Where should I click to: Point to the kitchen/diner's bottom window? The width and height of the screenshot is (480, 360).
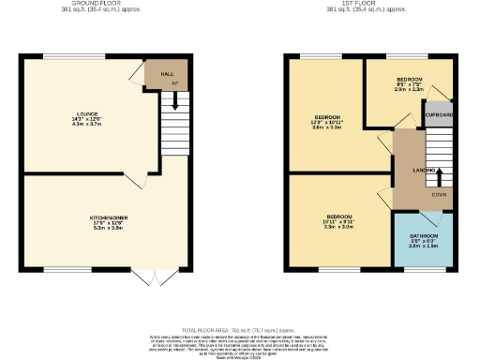tap(65, 271)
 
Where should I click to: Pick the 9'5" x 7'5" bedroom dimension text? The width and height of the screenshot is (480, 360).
tap(410, 85)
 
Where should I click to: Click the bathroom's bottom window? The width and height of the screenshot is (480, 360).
tap(423, 271)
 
